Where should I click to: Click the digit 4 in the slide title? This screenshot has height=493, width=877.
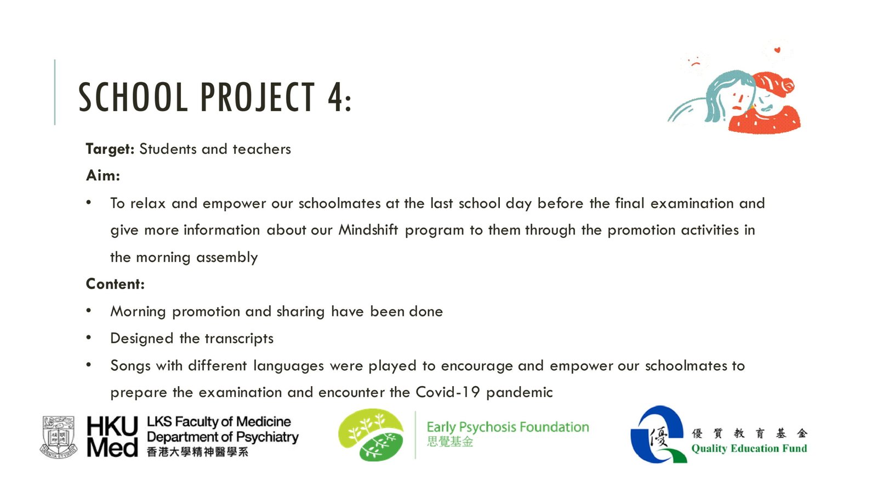point(336,97)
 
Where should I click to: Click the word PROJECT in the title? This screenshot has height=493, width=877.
point(258,97)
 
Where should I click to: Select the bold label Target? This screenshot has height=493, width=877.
point(110,150)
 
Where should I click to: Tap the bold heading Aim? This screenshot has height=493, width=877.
point(103,175)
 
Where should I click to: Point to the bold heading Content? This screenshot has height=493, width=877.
point(115,284)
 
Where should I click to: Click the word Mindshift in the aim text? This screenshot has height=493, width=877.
point(368,230)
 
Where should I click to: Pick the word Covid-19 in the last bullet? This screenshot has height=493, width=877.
point(447,392)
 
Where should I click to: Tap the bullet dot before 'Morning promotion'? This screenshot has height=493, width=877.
point(89,311)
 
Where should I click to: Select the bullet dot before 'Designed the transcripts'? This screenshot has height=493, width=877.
point(89,337)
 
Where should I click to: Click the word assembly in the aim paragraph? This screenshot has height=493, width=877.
point(227,257)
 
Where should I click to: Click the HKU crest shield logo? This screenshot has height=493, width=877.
point(59,437)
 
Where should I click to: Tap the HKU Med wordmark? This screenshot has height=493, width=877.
point(112,436)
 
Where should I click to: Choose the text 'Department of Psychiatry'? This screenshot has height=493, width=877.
point(223,437)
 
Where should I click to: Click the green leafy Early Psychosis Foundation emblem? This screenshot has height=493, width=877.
point(371,435)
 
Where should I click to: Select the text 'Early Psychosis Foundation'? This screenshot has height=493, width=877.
point(508,427)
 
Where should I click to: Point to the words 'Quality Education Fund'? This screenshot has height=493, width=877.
point(749,449)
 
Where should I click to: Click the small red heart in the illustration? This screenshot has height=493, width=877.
point(777,50)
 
